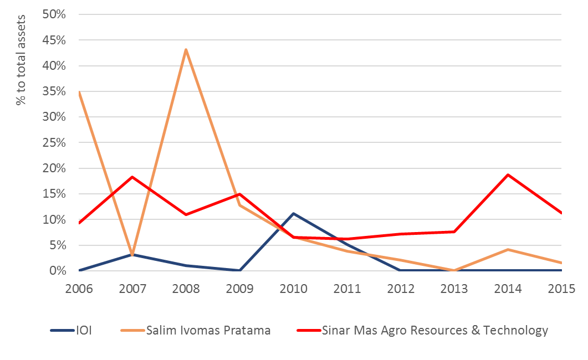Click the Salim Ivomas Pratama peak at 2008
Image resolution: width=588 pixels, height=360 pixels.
point(186,49)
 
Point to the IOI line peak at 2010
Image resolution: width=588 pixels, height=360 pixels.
point(293,213)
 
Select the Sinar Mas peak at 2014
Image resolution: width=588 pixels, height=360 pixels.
point(508,174)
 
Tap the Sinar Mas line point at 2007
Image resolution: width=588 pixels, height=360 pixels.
point(132,177)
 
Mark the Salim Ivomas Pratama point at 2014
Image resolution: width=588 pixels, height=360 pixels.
point(508,249)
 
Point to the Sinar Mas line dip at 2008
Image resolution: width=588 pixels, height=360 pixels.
point(186,214)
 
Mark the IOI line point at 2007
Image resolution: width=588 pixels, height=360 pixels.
point(132,254)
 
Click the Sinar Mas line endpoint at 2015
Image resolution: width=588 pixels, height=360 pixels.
point(561,213)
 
